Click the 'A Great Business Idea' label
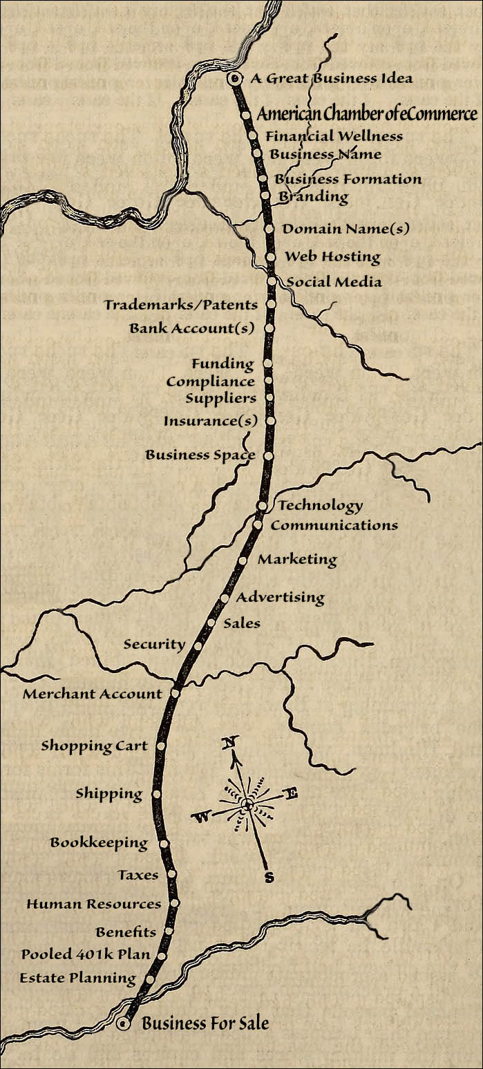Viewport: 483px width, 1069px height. pyautogui.click(x=331, y=78)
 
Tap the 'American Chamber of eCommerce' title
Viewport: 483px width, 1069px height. pyautogui.click(x=367, y=114)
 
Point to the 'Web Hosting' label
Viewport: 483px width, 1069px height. pyautogui.click(x=332, y=256)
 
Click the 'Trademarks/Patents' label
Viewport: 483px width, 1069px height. pyautogui.click(x=181, y=305)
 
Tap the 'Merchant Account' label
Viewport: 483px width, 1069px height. pyautogui.click(x=93, y=694)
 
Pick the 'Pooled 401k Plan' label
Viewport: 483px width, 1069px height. pyautogui.click(x=86, y=954)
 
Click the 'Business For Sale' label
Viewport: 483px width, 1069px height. pyautogui.click(x=205, y=1023)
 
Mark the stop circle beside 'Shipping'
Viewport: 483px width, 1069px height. pyautogui.click(x=156, y=794)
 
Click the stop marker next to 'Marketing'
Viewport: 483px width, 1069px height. pyautogui.click(x=243, y=560)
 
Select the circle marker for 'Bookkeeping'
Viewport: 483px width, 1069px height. pyautogui.click(x=164, y=843)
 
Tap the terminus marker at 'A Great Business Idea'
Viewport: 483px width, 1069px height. pyautogui.click(x=234, y=79)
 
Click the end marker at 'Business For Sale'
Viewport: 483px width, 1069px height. pyautogui.click(x=124, y=1024)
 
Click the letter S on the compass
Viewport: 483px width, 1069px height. pyautogui.click(x=269, y=878)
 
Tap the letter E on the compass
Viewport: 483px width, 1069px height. pyautogui.click(x=291, y=794)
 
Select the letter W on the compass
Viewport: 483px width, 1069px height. pyautogui.click(x=202, y=818)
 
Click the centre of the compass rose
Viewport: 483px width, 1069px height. pyautogui.click(x=247, y=804)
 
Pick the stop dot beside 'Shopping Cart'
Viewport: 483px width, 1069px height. pyautogui.click(x=161, y=746)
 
